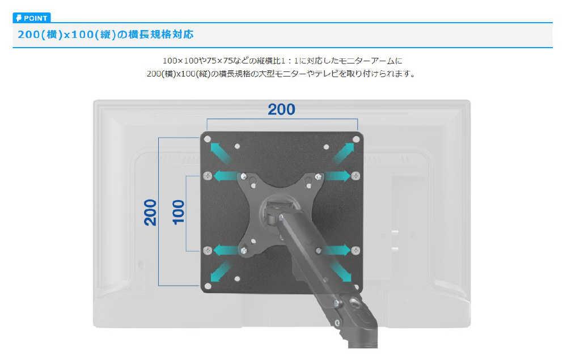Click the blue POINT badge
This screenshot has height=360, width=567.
(x=32, y=18)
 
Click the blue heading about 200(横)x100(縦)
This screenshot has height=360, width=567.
(x=105, y=35)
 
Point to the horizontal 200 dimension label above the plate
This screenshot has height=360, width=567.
(x=281, y=109)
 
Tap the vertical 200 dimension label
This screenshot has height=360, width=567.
(x=150, y=212)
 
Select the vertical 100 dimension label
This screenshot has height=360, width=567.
(x=178, y=212)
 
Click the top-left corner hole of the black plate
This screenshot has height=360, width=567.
(x=208, y=139)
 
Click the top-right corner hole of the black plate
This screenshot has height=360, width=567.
(x=356, y=139)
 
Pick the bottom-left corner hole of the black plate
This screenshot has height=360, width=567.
(x=208, y=287)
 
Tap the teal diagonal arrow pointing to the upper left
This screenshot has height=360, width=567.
(x=220, y=152)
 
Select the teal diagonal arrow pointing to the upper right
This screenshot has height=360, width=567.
(x=344, y=152)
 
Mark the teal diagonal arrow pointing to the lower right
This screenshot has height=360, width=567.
(x=341, y=272)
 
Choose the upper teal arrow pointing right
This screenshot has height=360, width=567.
(x=337, y=176)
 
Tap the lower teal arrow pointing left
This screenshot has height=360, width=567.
(x=226, y=250)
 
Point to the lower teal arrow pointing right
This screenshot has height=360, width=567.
(x=337, y=250)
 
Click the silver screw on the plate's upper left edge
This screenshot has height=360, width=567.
(x=208, y=176)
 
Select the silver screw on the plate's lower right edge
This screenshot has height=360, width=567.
(x=356, y=250)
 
